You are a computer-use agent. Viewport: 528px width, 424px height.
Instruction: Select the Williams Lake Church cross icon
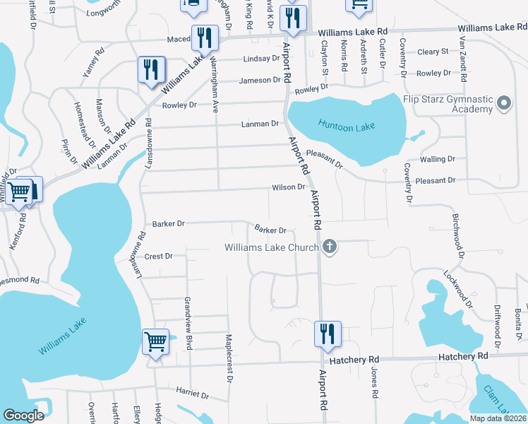[x=329, y=247]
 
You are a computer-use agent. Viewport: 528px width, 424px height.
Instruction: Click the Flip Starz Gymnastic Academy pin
[x=504, y=104]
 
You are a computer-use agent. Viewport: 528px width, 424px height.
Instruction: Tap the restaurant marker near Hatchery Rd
[x=327, y=333]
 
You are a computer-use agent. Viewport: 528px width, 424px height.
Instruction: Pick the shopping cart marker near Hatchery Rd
[x=155, y=341]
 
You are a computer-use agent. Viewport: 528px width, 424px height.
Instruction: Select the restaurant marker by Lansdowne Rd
[x=150, y=69]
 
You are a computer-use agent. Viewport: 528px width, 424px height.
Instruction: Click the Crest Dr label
[x=159, y=256]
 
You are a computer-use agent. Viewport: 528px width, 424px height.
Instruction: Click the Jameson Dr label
[x=260, y=81]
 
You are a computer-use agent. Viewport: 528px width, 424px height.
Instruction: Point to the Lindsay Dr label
[x=261, y=59]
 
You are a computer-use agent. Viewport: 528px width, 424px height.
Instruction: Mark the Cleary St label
[x=433, y=52]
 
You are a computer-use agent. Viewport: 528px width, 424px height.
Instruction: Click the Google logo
[x=23, y=416]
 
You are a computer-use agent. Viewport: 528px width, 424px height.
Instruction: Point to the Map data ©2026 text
[x=498, y=418]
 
